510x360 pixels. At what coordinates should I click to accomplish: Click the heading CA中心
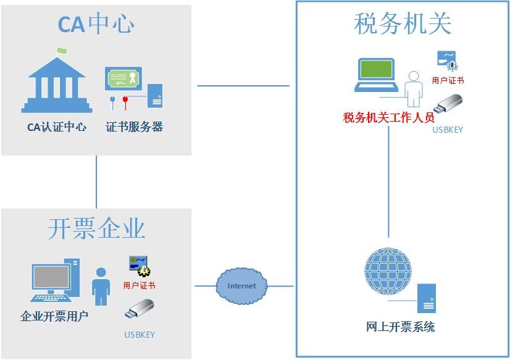point(96,25)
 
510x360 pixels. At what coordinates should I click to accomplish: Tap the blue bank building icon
point(60,85)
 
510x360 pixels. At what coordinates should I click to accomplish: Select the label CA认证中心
point(57,128)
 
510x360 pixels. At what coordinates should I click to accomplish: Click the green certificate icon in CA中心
point(123,78)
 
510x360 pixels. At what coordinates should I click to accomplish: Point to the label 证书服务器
point(134,128)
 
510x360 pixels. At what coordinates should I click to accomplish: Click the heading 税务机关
point(403,24)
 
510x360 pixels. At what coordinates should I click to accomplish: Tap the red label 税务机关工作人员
point(389,117)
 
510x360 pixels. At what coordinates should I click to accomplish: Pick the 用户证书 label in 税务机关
point(448,80)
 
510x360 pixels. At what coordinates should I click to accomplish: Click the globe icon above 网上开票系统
point(388,272)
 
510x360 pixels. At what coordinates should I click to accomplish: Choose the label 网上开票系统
point(400,327)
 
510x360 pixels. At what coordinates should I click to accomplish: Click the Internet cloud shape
point(241,286)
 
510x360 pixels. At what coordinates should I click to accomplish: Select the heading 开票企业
point(96,228)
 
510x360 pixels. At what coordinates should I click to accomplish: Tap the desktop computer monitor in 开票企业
point(51,279)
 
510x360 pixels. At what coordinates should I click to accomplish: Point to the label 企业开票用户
point(54,317)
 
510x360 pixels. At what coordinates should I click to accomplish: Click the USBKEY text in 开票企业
point(140,335)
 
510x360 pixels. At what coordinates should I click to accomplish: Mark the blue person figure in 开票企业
point(101,286)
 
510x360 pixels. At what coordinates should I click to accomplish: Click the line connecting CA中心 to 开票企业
point(96,182)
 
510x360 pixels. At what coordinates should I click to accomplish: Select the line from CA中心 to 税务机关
point(243,86)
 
